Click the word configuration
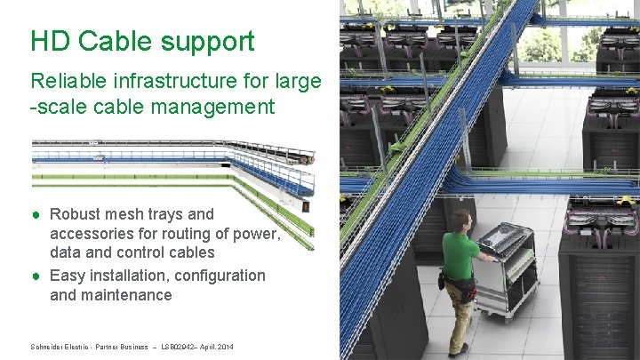(218, 276)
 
